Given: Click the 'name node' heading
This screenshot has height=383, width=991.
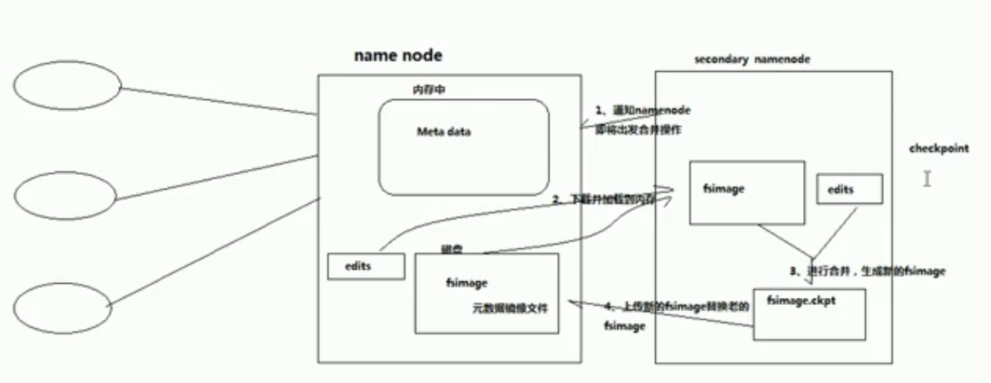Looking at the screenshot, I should pos(397,56).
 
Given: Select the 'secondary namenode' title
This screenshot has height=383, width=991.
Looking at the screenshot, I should pos(752,59).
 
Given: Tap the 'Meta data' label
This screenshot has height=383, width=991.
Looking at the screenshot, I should pos(443,131).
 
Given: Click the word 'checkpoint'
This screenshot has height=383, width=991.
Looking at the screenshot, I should pos(939,149).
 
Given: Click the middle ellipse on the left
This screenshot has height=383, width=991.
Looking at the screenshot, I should pos(62,195).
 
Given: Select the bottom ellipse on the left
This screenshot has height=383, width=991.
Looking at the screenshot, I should pos(62,308).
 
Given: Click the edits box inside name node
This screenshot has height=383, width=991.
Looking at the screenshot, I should pos(366,266).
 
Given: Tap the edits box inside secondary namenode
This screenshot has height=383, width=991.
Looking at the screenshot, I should pos(850,189).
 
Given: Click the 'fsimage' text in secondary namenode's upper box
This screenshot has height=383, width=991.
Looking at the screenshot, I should pos(724,189).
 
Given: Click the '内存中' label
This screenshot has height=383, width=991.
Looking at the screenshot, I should pos(427,90).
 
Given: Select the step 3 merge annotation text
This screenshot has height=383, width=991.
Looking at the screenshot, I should pos(866,271).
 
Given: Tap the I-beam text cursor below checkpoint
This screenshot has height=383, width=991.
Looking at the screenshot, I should pos(927,179).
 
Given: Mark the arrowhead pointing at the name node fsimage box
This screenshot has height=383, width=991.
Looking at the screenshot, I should pos(571,302).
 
